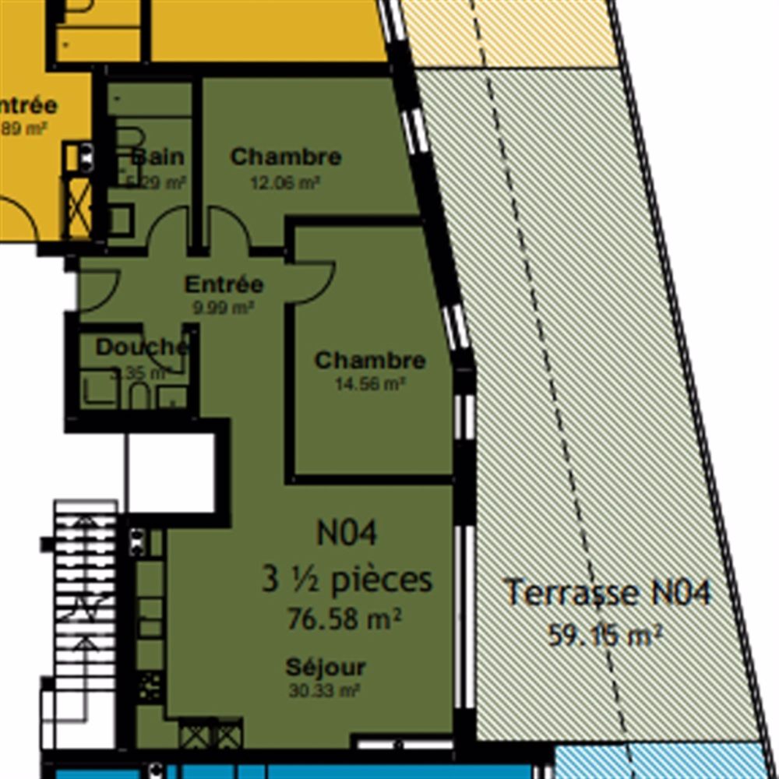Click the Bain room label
158,157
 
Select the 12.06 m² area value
285,183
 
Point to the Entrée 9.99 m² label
224,284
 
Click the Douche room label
142,347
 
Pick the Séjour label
325,668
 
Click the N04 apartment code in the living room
347,534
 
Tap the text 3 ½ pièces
347,580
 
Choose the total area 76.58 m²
344,619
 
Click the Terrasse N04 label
607,593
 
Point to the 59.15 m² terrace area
605,636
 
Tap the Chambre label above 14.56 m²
370,361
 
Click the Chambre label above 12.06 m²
286,157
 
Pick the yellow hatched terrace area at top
506,31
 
